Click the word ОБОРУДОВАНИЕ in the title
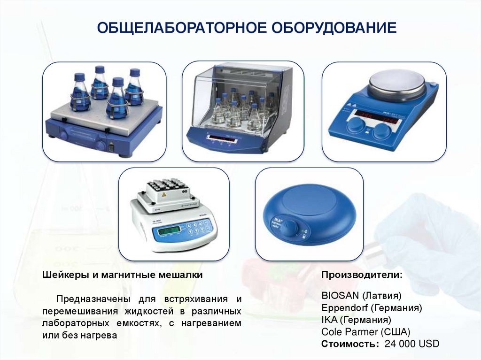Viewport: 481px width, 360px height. (x=334, y=28)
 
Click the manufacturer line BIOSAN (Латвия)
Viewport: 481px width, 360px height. (x=361, y=296)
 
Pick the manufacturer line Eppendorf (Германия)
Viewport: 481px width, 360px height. (x=372, y=307)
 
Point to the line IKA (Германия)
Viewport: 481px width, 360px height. (x=357, y=320)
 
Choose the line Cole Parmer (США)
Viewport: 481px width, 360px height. (x=365, y=332)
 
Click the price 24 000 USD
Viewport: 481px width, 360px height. (x=411, y=344)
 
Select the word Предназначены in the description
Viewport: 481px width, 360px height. (x=94, y=299)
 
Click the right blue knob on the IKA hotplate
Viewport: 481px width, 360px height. (x=381, y=131)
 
